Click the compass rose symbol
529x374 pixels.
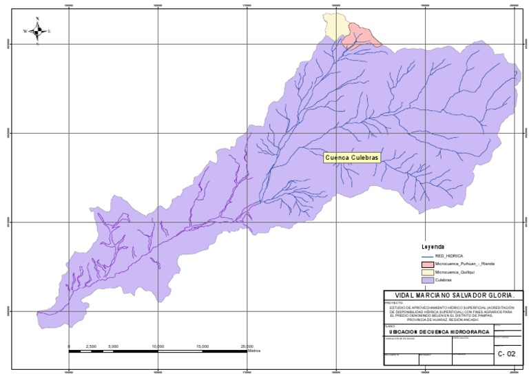coord(38,31)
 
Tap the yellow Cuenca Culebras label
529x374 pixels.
coord(352,157)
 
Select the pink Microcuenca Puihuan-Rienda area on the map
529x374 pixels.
coord(362,34)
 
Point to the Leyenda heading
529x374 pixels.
coord(433,247)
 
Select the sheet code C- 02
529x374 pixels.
coord(506,353)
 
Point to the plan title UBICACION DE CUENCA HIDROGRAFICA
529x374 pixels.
coord(439,332)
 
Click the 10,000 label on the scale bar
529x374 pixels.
coord(158,346)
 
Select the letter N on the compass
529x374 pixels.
coord(37,19)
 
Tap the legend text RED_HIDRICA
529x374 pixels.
coord(449,256)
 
